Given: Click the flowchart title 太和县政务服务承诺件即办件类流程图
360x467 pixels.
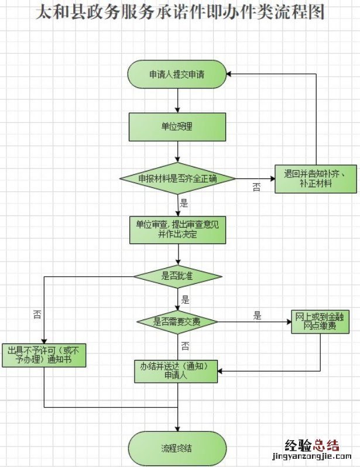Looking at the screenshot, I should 180,12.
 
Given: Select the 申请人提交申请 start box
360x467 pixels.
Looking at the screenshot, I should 177,74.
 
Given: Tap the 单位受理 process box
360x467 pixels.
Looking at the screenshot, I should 177,126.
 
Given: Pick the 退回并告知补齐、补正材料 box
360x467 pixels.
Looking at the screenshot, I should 316,178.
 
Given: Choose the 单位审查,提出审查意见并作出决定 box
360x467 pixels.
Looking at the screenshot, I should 177,229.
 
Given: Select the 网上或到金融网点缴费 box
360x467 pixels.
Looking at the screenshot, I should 320,322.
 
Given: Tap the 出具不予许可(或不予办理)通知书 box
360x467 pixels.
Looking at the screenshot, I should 44,355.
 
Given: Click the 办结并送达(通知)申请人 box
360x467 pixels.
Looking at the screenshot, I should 177,372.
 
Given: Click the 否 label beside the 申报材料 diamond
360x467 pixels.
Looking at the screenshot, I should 256,187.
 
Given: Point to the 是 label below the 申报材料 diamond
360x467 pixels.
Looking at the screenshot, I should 184,204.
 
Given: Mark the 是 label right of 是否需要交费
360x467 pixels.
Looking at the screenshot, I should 257,316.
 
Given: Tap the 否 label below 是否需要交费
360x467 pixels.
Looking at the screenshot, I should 185,345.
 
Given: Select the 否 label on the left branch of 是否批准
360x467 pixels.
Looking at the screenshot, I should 37,314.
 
